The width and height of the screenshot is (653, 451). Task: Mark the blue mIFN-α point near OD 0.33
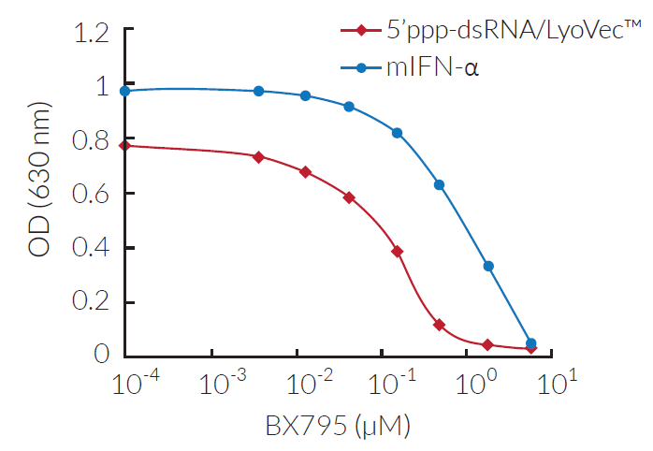point(488,267)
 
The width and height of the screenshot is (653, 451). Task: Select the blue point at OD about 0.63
point(439,184)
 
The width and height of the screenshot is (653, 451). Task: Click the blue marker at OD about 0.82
point(398,133)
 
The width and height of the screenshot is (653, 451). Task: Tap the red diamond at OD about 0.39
point(398,252)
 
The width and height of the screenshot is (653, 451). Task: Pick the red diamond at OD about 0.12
point(439,325)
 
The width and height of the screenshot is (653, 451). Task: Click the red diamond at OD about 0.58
point(349,197)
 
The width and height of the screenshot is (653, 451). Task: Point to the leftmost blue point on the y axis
point(125,91)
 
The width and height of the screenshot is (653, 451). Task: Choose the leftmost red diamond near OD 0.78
point(125,145)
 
